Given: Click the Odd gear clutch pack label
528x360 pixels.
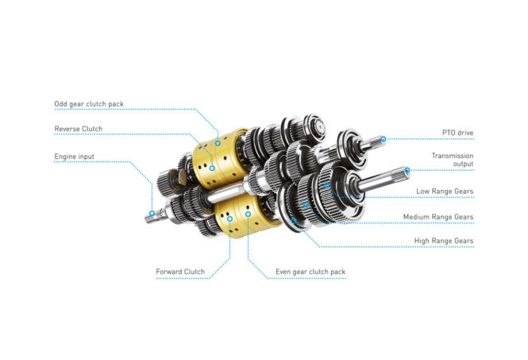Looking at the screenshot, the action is point(89,104).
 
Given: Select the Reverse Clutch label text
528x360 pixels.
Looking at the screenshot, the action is point(78,129).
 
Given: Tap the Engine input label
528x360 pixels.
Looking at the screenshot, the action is point(74,157).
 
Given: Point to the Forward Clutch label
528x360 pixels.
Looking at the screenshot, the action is point(180,272).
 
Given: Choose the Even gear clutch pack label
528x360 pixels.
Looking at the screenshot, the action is point(310,272).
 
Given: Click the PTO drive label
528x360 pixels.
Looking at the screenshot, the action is point(457,133).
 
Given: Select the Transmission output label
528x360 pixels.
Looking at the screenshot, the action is point(453,160).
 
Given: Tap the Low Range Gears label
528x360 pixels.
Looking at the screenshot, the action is point(445,191).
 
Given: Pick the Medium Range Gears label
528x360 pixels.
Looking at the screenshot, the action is point(438,217).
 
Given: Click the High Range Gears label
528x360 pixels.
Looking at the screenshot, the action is point(444,241).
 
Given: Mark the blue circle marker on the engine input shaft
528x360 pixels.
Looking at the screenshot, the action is point(152,213).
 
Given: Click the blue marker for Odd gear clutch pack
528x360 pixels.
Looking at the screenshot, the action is point(218,143).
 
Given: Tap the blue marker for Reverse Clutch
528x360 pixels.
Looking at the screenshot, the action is point(212,168).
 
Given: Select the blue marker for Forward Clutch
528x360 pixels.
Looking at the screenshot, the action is point(230,219).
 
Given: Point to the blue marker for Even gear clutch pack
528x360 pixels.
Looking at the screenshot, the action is point(248,214).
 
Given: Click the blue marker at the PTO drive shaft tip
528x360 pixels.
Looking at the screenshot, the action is point(383,139).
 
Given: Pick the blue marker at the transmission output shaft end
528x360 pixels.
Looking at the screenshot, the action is point(407,170).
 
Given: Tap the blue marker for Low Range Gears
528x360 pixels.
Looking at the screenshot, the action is point(326,185).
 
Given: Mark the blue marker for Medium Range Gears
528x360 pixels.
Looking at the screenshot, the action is point(306,204).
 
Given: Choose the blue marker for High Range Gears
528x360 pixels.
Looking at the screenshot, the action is point(294,221).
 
